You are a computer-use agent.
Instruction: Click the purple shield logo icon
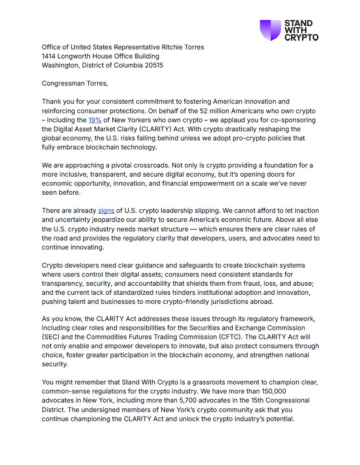[270, 30]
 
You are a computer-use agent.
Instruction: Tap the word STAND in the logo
[298, 23]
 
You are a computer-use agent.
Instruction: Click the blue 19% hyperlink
[95, 120]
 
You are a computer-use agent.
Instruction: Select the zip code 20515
[153, 65]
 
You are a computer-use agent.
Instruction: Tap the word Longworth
[77, 56]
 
